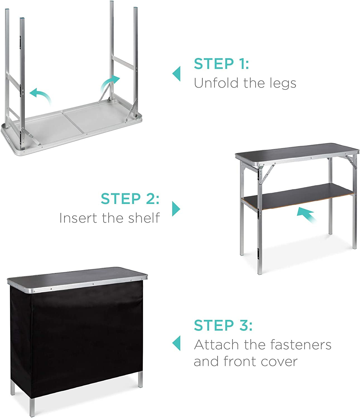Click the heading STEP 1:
point(221,64)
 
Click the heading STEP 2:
point(130,199)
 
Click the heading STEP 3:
point(223,325)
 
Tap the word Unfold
point(216,83)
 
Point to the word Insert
point(78,218)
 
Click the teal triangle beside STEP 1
point(177,74)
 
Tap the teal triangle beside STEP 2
point(176,209)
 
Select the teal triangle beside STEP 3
point(177,343)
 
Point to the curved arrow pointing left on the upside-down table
point(42,95)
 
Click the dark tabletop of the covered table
point(77,276)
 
